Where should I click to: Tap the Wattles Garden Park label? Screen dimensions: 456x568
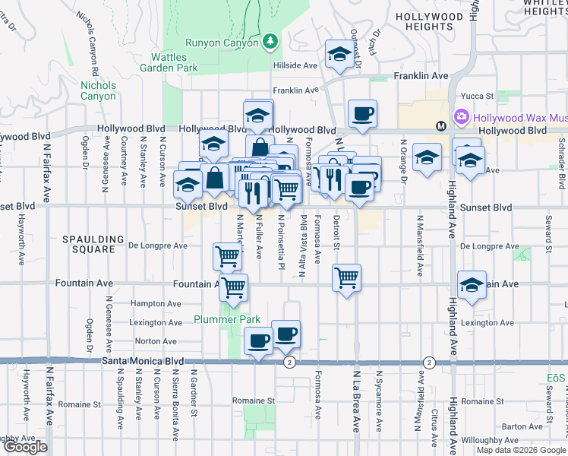169,62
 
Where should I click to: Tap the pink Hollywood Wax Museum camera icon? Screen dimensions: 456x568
461,117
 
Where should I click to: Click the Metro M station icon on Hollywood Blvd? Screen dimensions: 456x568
440,125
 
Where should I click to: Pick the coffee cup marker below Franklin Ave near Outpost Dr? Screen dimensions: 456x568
362,114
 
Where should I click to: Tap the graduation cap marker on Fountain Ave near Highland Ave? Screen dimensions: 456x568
472,285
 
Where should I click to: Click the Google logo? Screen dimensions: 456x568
25,447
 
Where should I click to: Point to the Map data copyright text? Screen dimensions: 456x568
522,450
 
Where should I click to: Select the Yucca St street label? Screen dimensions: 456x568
479,97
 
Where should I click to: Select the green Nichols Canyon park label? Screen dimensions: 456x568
99,90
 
